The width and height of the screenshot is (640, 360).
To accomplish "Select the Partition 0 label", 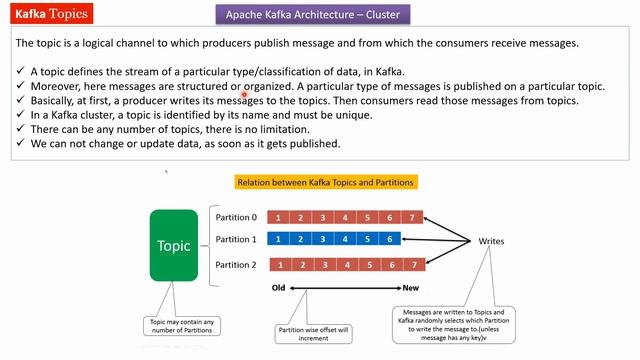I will tap(237, 217).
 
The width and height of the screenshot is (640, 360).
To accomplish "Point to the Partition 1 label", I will tap(237, 240).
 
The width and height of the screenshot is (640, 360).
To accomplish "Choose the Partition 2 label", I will tap(237, 265).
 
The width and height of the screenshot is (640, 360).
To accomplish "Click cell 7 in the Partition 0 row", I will tap(411, 217).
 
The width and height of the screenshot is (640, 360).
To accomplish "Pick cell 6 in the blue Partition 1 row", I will tap(387, 240).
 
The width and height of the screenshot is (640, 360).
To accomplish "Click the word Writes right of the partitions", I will tap(491, 242).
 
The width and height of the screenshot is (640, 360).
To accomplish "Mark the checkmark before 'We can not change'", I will tap(21, 143).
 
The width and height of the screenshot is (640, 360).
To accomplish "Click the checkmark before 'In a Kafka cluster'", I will tap(21, 115).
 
